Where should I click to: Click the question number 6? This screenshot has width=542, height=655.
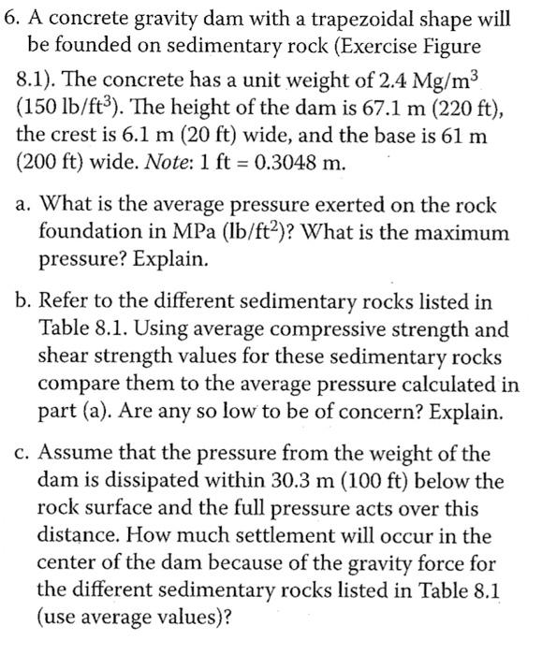tap(10, 19)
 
